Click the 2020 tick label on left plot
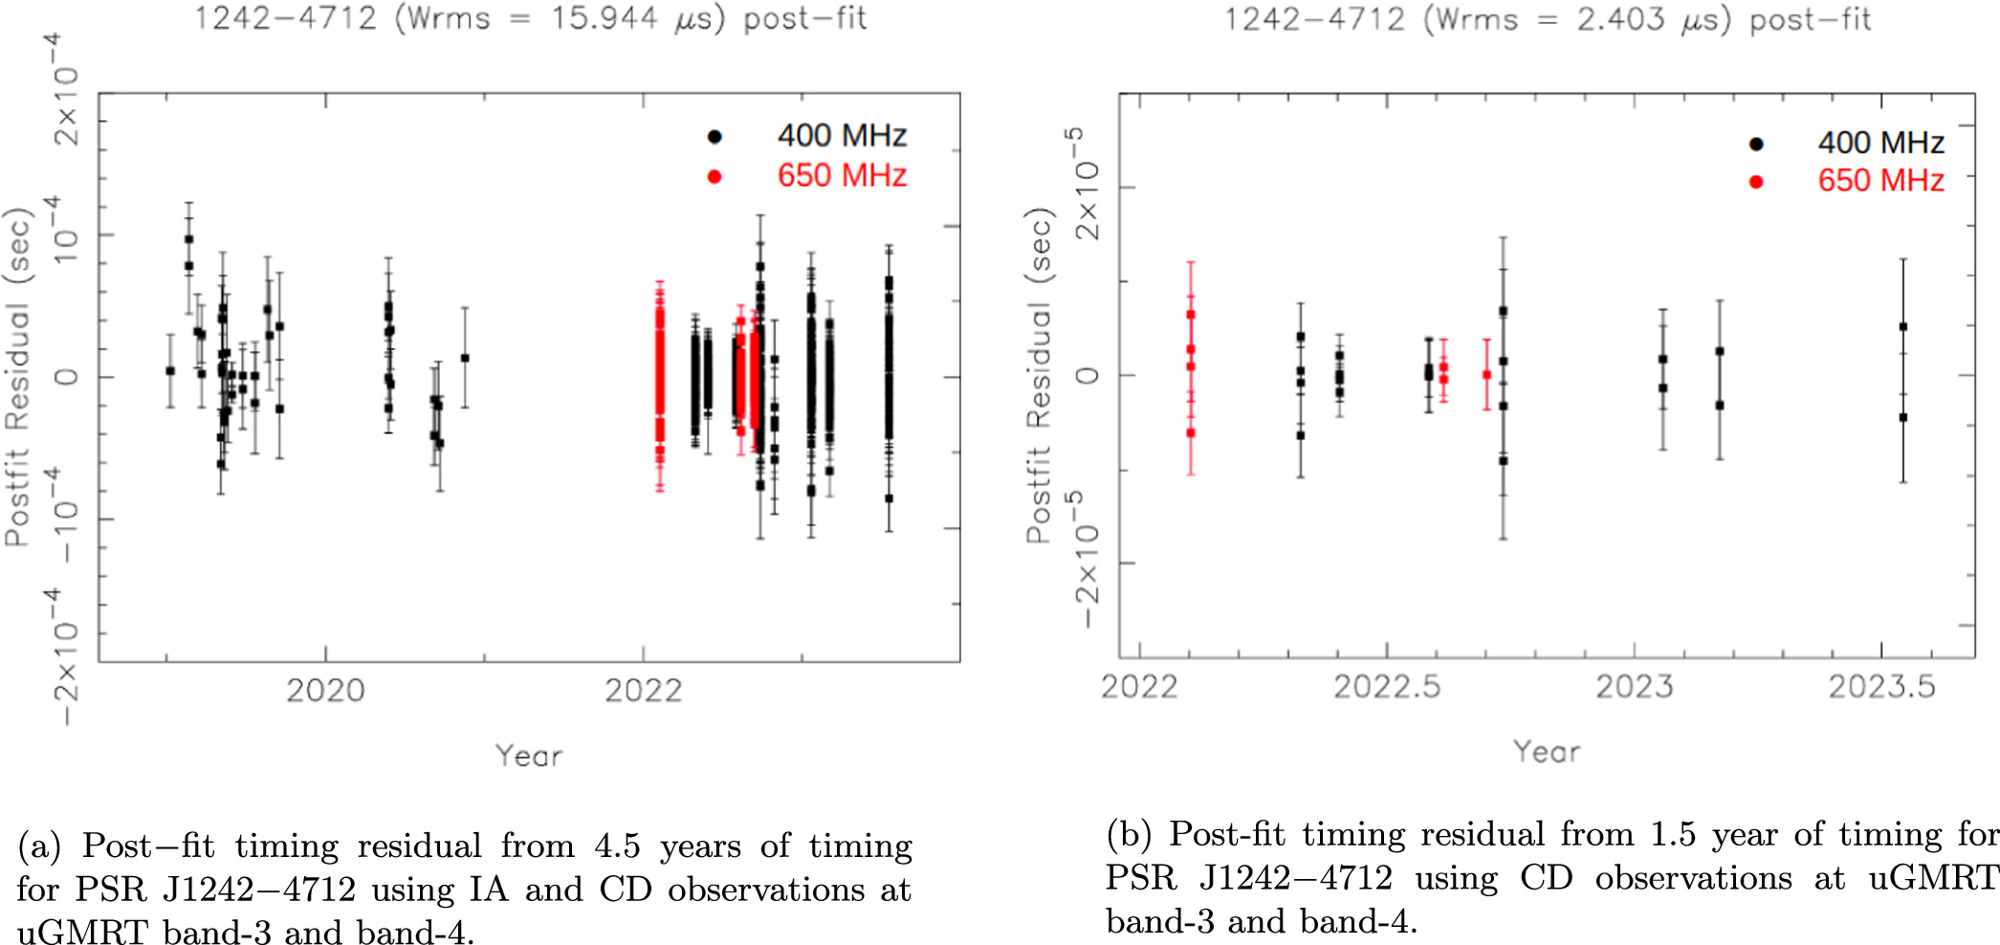[325, 691]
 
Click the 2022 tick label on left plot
[643, 691]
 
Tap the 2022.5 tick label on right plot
[1386, 687]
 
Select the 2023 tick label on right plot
[1634, 687]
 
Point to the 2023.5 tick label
[1880, 687]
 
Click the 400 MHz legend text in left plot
[841, 136]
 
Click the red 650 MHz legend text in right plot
[1879, 181]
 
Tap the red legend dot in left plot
[714, 176]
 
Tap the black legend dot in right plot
[1755, 144]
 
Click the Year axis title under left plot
[528, 756]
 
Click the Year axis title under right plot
[1546, 752]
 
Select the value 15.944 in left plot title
[603, 18]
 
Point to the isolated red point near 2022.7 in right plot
[1486, 375]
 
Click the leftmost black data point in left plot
[170, 371]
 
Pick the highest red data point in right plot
[1191, 315]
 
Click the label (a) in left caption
[39, 846]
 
